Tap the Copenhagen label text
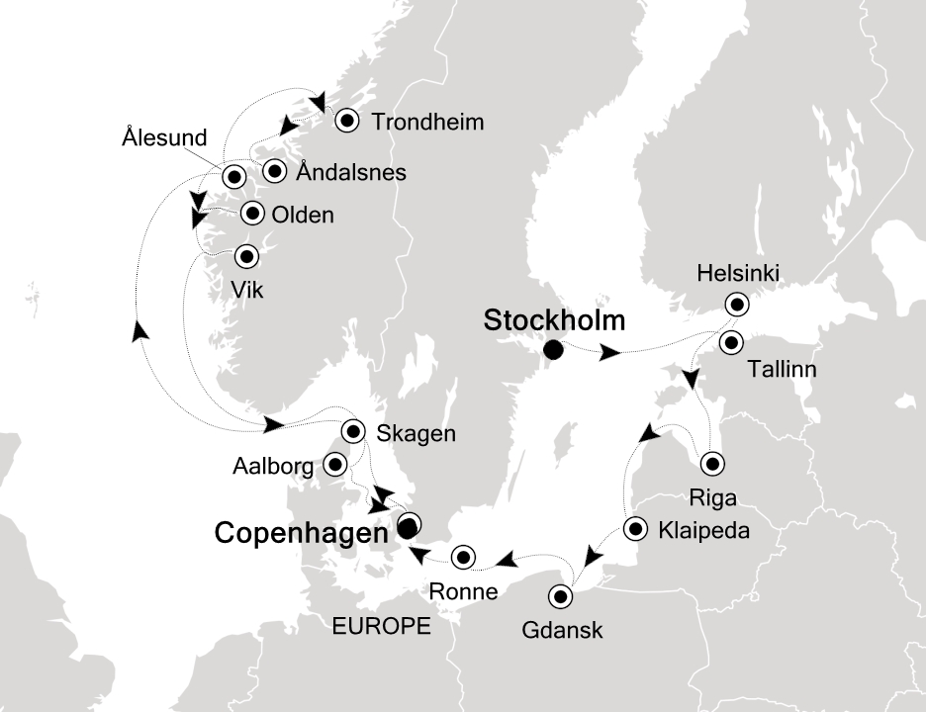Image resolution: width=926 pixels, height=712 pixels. click(300, 533)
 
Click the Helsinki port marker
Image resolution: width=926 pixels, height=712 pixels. click(736, 304)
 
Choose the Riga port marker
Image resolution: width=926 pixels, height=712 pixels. click(711, 464)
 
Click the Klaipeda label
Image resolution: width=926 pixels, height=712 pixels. click(703, 531)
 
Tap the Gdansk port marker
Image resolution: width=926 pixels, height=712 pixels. click(561, 596)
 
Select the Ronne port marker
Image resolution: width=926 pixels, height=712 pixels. click(462, 557)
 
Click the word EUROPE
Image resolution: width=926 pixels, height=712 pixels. click(383, 626)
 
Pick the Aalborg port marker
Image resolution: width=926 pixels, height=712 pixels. click(336, 464)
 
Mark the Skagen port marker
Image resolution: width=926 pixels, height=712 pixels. click(353, 431)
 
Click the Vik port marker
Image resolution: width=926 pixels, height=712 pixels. click(246, 256)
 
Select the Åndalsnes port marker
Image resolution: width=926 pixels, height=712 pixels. click(273, 171)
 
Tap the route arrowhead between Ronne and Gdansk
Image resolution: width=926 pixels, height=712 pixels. click(506, 561)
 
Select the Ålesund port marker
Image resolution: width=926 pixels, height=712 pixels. click(233, 178)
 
